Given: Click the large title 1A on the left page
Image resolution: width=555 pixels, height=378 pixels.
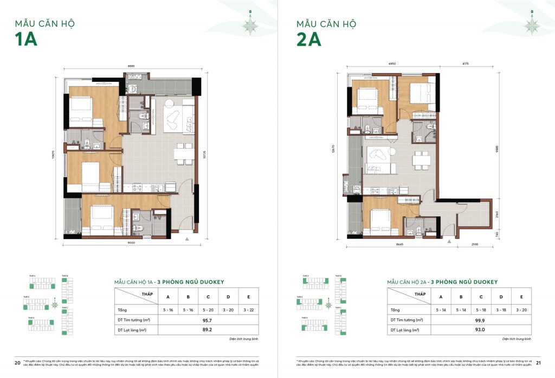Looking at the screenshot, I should (x=27, y=40).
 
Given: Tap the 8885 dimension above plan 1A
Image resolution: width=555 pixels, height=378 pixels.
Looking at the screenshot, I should (x=131, y=66).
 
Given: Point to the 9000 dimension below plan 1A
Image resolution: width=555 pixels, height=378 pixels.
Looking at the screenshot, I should (x=131, y=243).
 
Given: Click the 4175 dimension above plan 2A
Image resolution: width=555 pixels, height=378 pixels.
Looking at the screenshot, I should (x=464, y=63).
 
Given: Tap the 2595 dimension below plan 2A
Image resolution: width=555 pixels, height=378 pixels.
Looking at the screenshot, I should (x=473, y=245).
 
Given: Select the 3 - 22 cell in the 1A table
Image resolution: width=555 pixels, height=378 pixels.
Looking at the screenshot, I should (x=249, y=310).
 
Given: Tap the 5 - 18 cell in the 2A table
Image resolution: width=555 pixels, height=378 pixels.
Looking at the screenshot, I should (x=481, y=310).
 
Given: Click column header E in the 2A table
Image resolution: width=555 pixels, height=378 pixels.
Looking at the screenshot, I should (x=521, y=297).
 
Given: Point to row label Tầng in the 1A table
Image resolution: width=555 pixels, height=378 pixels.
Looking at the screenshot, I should (x=122, y=310).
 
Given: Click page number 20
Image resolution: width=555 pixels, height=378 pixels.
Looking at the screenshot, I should (x=18, y=362).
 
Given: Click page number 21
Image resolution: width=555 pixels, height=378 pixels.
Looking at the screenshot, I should (x=538, y=362).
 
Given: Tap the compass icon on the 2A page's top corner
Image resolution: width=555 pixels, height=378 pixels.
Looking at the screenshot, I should (x=532, y=23).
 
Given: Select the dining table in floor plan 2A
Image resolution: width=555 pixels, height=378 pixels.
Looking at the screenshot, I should (x=421, y=160).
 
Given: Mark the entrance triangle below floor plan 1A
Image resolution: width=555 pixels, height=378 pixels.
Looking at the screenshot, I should (x=188, y=238).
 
